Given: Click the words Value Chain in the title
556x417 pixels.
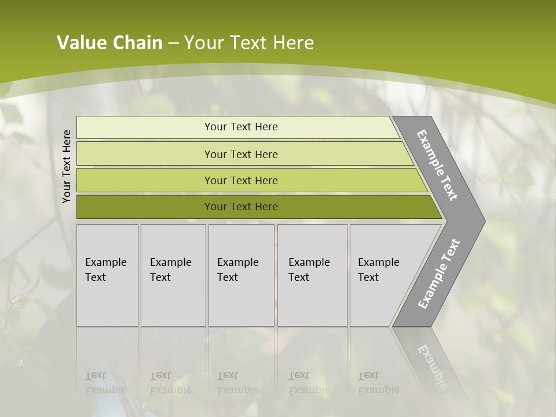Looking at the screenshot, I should pos(109,43).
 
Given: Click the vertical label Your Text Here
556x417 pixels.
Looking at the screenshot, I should pos(67,166).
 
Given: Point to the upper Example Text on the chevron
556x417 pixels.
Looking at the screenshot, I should pos(437,165).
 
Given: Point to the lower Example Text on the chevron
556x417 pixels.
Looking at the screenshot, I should pos(439,273).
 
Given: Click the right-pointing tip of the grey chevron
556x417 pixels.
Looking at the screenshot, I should pos(481,221).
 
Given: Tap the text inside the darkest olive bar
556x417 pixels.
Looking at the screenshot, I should pos(241,207).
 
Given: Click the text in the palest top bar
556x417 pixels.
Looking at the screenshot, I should pos(241,127).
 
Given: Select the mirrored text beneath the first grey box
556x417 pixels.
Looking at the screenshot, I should pos(105,383).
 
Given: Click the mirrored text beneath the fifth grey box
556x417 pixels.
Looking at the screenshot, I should pos(378,383).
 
